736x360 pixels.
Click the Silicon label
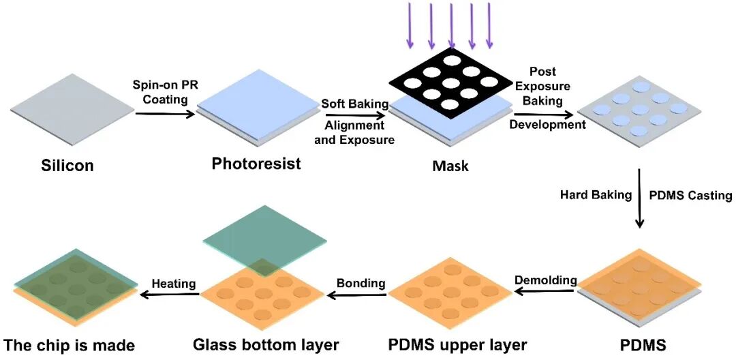click(67, 166)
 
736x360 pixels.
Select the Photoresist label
click(256, 164)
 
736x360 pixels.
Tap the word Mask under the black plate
click(450, 166)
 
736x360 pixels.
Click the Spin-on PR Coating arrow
click(165, 114)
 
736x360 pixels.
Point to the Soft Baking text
click(355, 103)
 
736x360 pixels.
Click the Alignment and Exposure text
click(355, 133)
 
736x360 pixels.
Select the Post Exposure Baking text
click(542, 86)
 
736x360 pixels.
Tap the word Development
click(548, 125)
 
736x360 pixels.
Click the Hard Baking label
click(596, 195)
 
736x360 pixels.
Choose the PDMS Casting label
click(690, 195)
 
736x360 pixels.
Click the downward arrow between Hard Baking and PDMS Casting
click(639, 198)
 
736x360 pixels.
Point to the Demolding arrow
click(545, 291)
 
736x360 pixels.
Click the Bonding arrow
click(357, 295)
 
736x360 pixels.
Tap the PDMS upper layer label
click(458, 345)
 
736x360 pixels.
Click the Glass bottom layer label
click(266, 345)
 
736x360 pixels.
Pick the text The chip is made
click(69, 346)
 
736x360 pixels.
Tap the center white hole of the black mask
click(450, 83)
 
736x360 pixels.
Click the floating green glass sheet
click(264, 241)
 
